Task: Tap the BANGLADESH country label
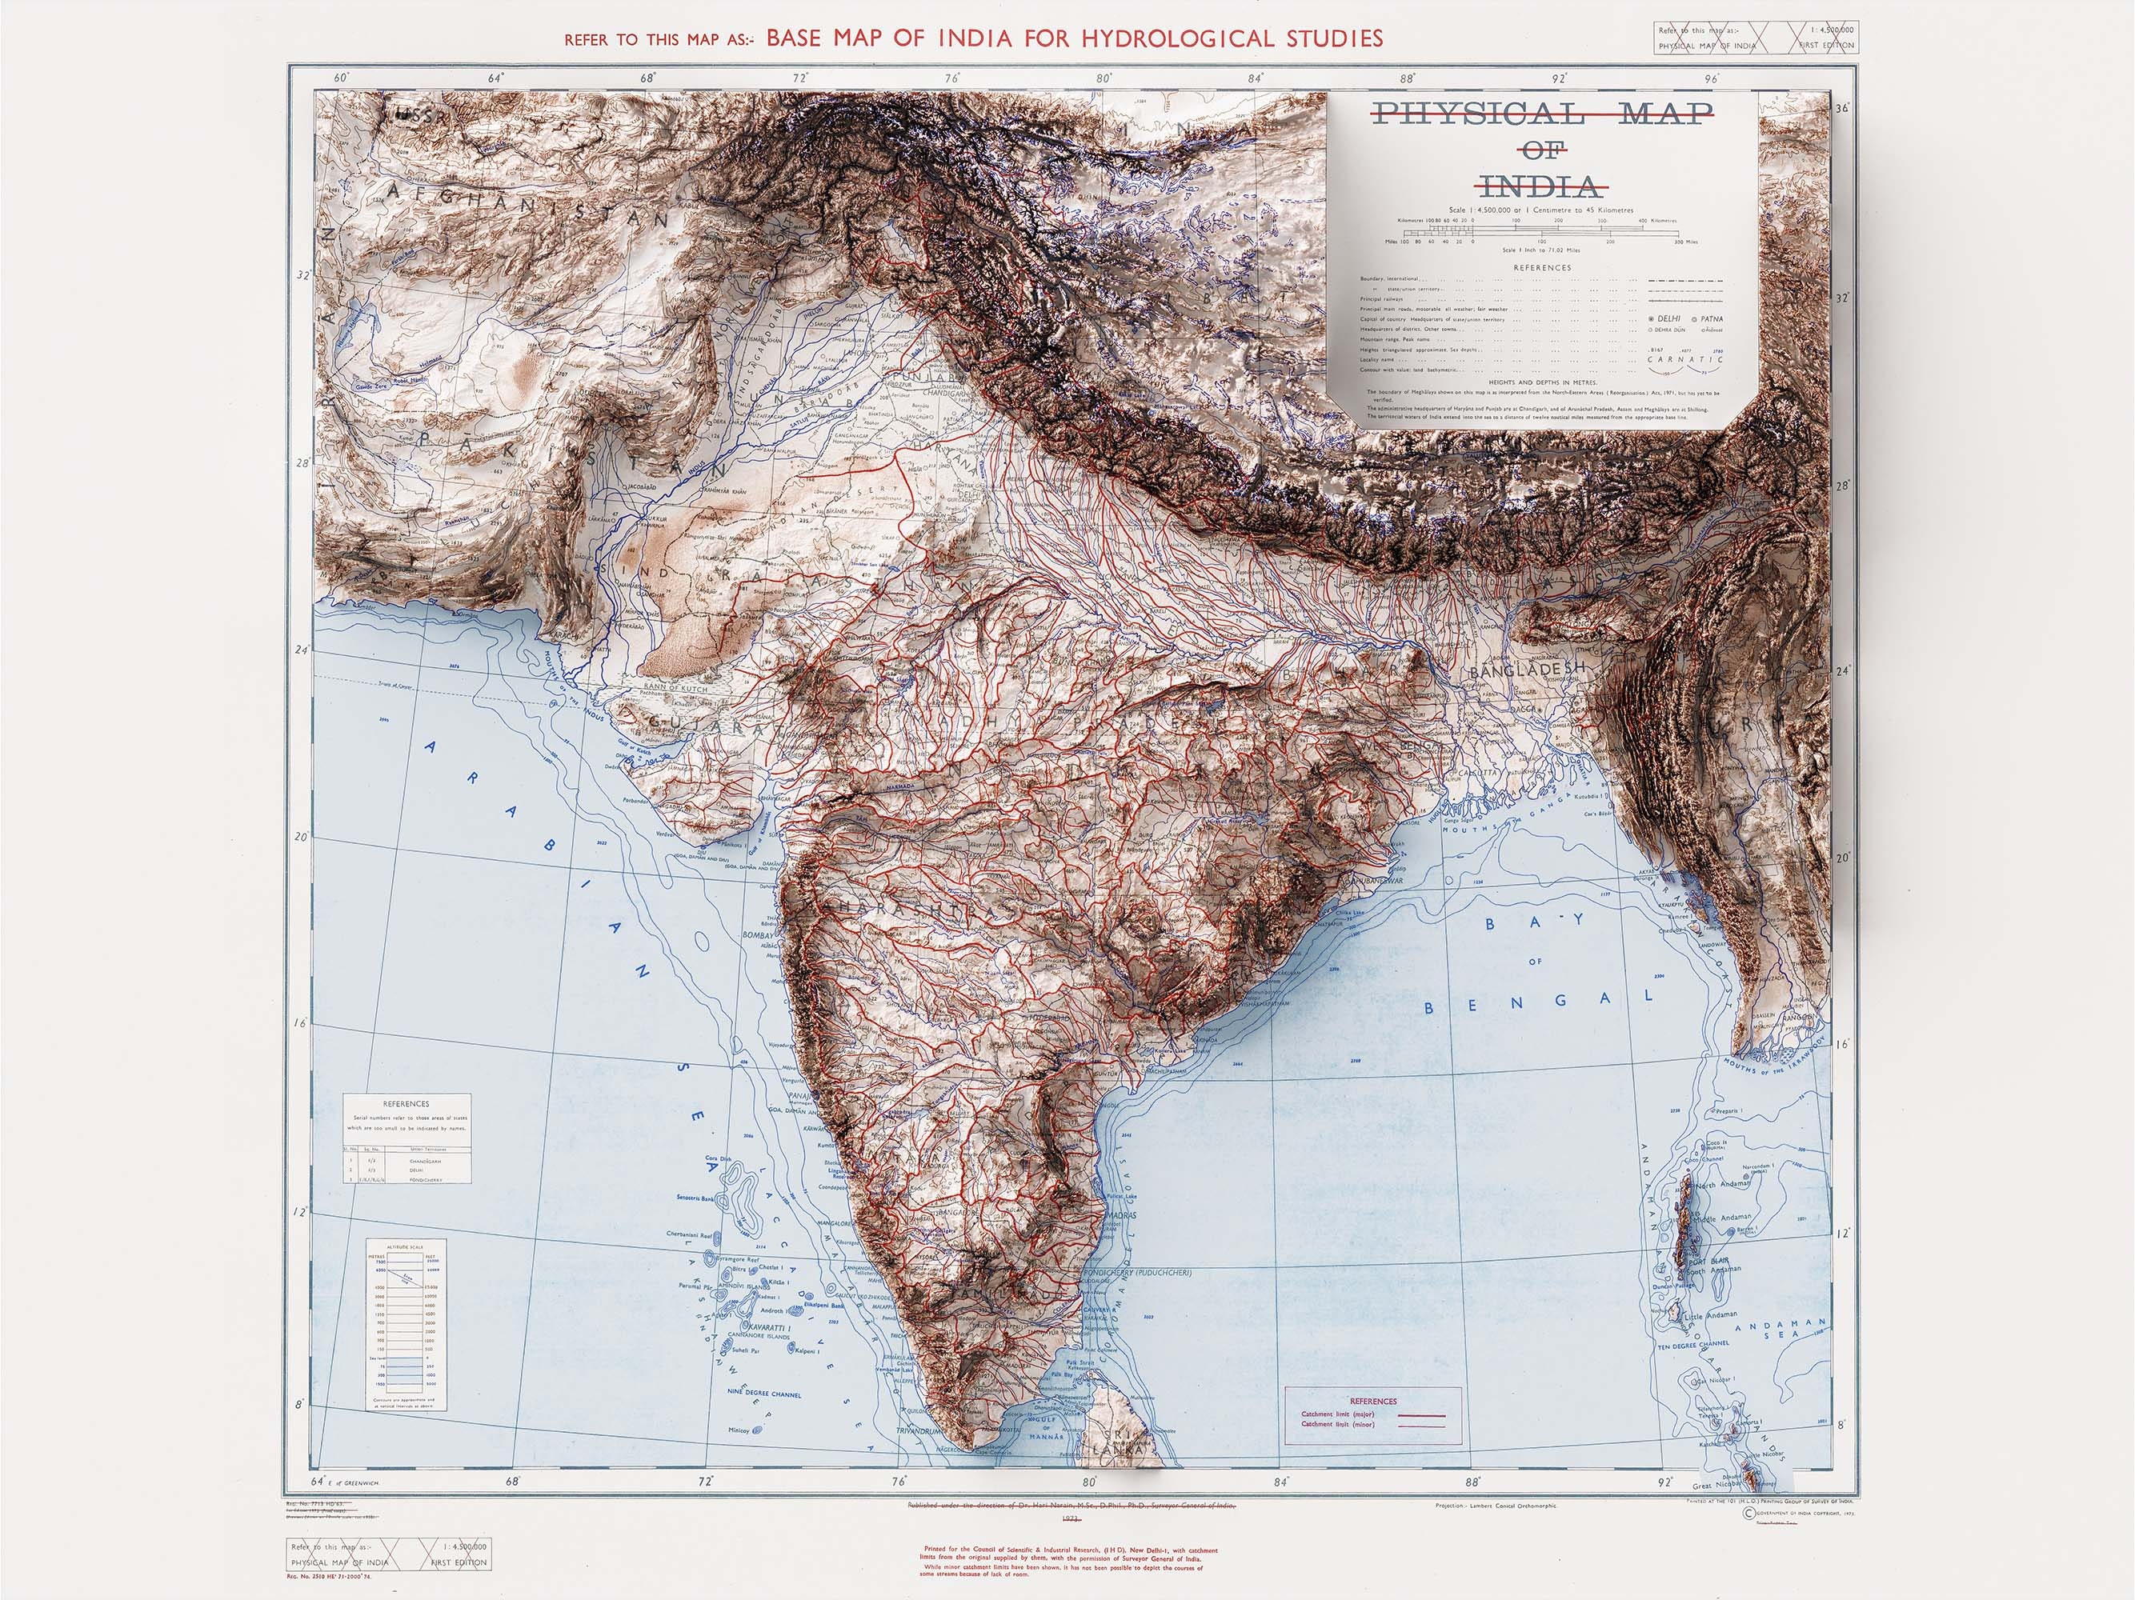(x=1528, y=668)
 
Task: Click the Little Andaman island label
(x=1709, y=1314)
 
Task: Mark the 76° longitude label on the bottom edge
(x=899, y=1482)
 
